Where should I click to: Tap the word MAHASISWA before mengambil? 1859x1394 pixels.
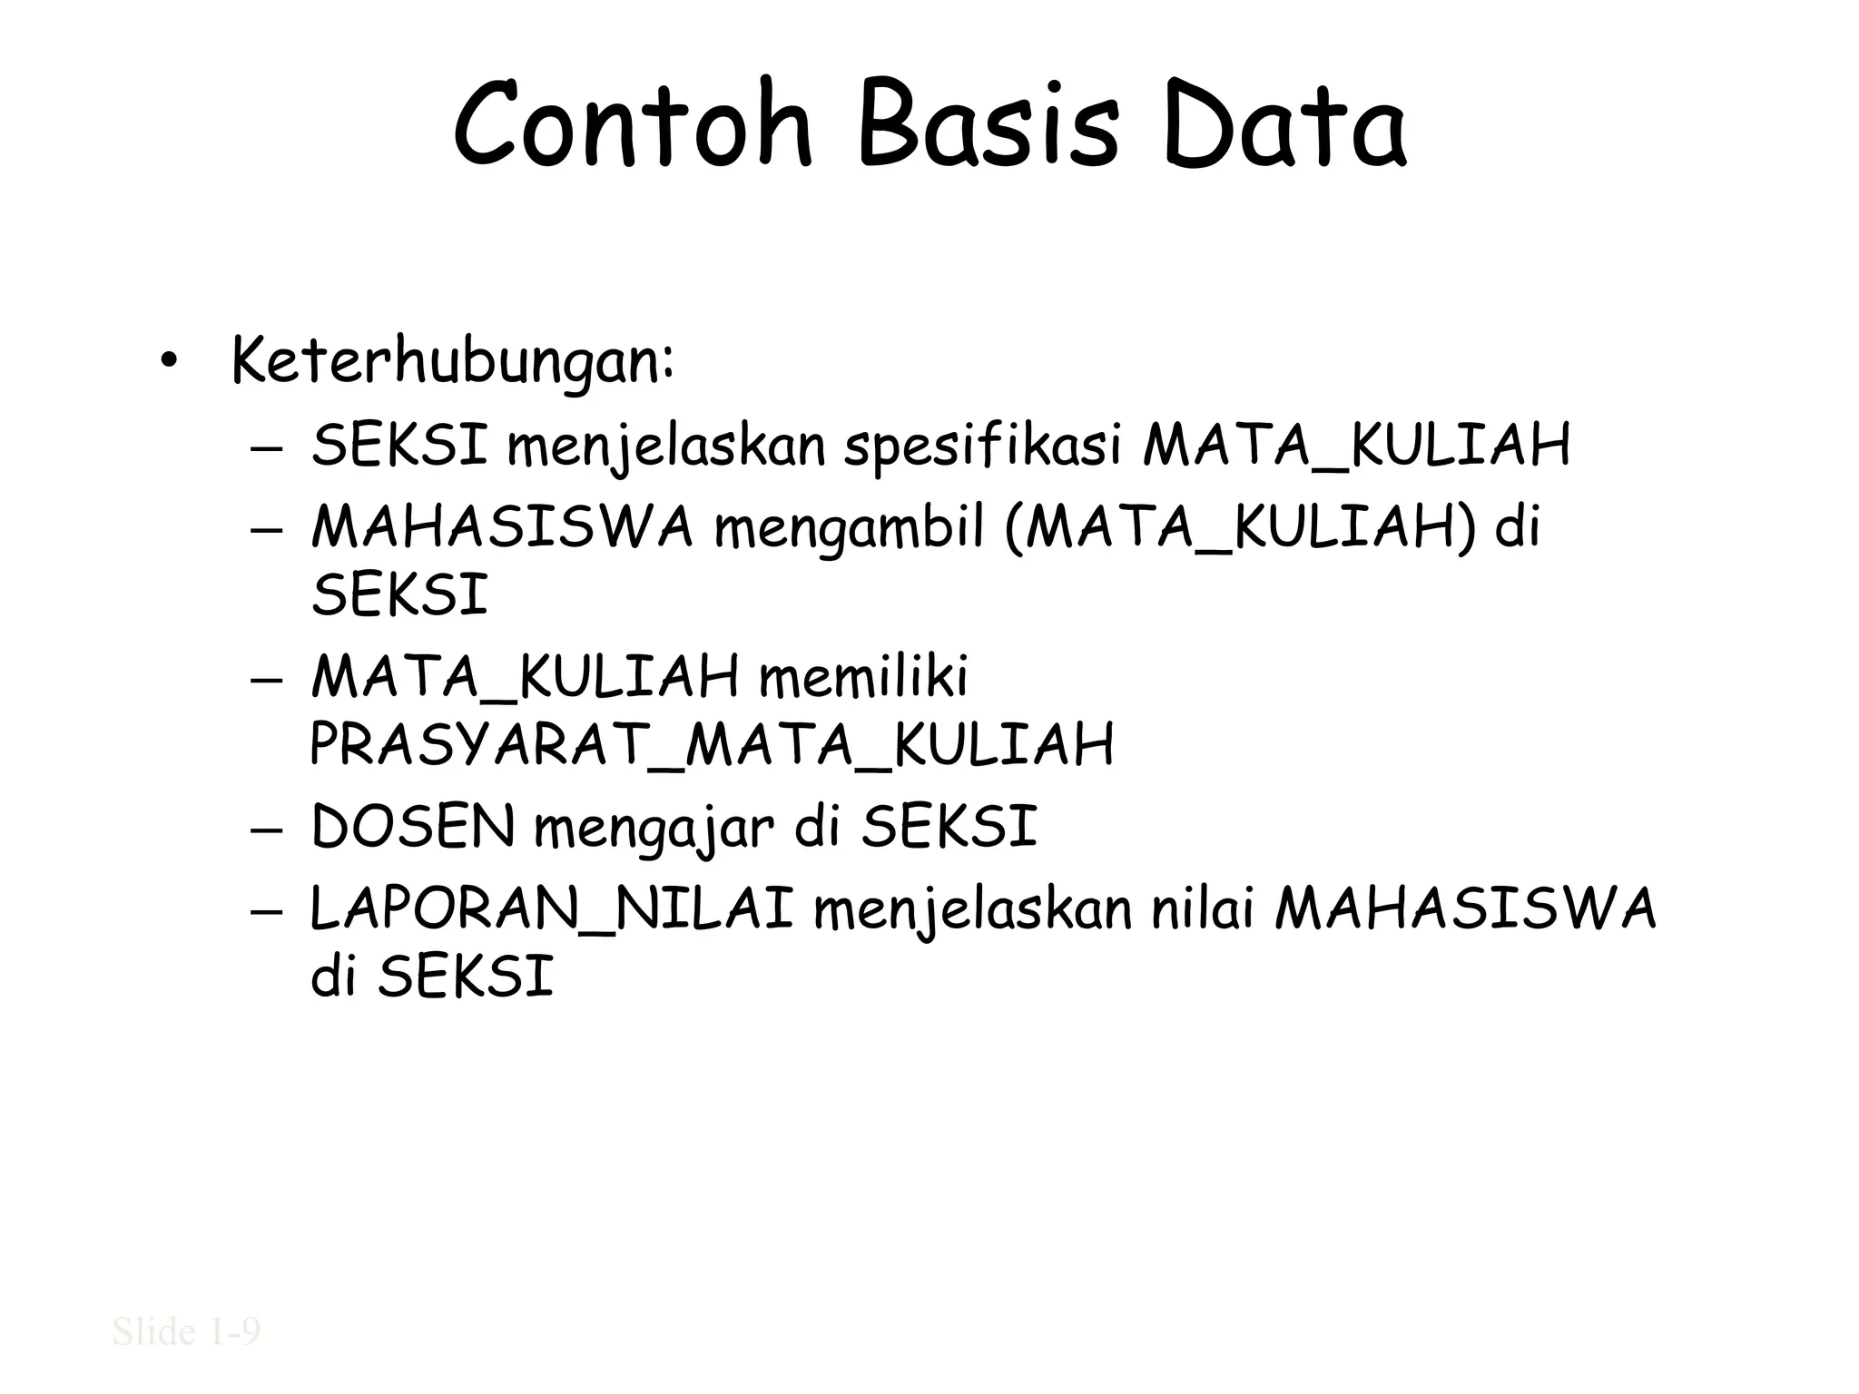coord(502,526)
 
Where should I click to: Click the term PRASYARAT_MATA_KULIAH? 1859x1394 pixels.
coord(712,745)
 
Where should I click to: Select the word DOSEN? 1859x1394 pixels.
coord(413,827)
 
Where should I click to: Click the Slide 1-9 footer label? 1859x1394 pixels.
coord(187,1331)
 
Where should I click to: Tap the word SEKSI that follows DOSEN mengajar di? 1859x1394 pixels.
coord(949,827)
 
